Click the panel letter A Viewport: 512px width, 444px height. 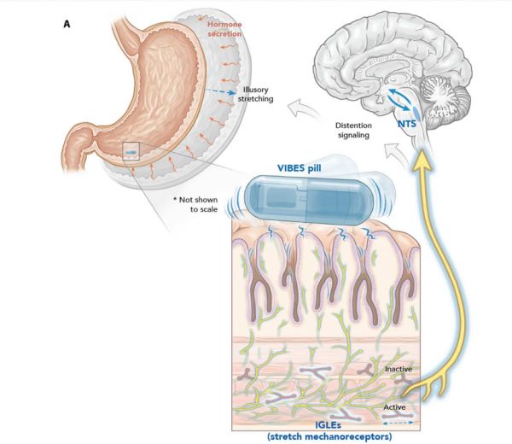tap(67, 24)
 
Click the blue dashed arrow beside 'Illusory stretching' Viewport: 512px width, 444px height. tap(224, 91)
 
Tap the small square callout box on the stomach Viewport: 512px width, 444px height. tap(130, 151)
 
